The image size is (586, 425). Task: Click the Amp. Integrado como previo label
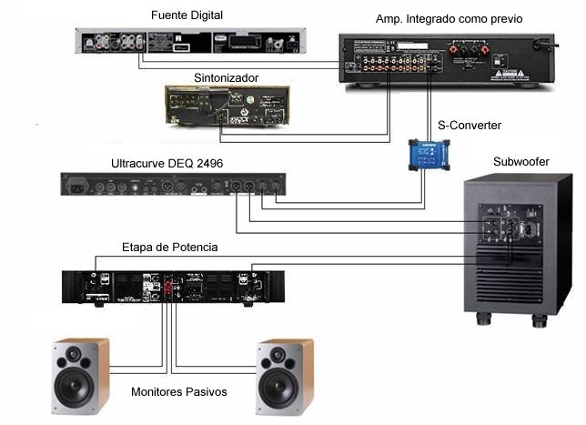[450, 19]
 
